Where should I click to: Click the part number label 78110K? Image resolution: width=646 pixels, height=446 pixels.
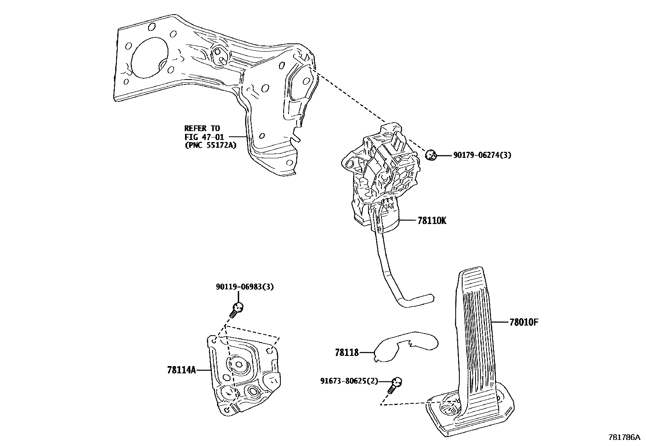(432, 221)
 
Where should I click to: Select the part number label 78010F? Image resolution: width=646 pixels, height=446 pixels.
(524, 323)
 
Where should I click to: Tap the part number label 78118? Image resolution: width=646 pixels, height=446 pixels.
(347, 353)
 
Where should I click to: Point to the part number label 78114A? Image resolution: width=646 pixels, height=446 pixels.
(181, 370)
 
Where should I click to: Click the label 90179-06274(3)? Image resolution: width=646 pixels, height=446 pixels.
(482, 155)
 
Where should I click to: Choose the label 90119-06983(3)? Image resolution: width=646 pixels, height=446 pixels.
(245, 287)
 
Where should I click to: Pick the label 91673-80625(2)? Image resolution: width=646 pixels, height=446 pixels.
(349, 381)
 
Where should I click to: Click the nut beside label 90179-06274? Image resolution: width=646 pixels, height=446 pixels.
(431, 155)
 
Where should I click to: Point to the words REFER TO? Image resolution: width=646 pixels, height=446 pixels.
(202, 129)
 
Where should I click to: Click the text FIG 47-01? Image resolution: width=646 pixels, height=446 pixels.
(204, 137)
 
